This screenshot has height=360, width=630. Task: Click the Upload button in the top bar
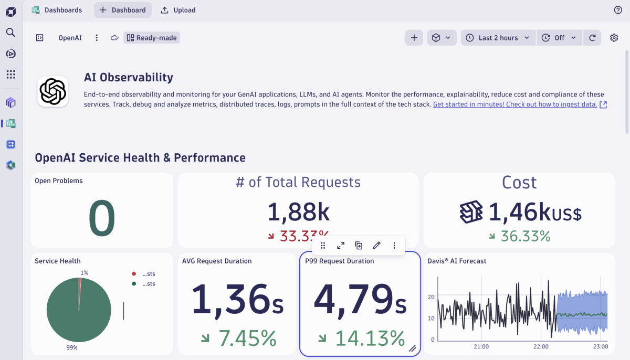pos(178,10)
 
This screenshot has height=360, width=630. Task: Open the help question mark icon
pos(618,10)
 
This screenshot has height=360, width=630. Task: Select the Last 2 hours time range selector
pos(498,38)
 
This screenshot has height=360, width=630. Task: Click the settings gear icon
pos(614,38)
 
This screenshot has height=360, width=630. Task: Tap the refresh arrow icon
pos(592,38)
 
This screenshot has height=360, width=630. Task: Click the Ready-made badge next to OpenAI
pos(152,38)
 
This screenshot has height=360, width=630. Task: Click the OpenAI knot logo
pos(52,92)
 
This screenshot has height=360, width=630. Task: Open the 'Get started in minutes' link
pos(515,104)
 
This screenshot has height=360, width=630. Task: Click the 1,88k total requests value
pos(298,212)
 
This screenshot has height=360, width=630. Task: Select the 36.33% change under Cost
pos(525,236)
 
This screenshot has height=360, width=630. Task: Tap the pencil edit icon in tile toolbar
pos(376,246)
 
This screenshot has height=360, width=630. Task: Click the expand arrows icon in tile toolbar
pos(341,246)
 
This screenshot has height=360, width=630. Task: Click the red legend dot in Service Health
pos(134,274)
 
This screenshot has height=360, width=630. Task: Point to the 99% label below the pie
pos(72,347)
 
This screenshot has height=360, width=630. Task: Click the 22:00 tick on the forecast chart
pos(541,347)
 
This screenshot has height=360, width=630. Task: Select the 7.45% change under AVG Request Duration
pos(247,338)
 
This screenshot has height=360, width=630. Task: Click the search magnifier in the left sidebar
pos(10,33)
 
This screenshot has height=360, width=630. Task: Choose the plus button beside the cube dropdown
pos(414,38)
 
